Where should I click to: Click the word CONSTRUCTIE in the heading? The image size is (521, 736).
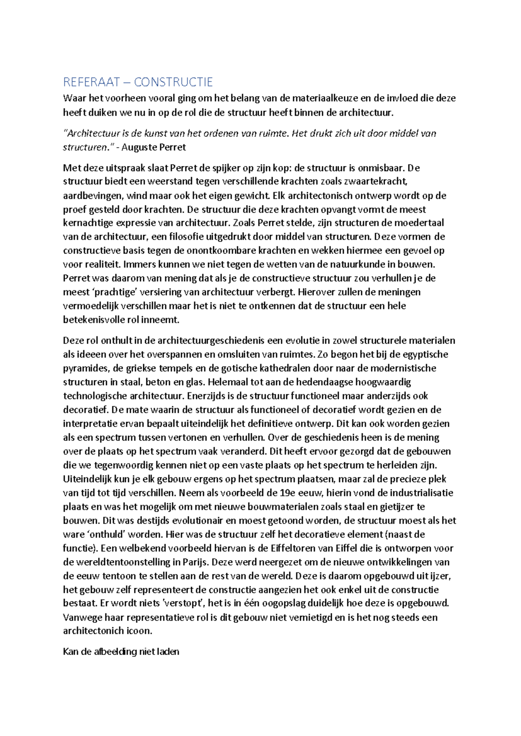(x=173, y=82)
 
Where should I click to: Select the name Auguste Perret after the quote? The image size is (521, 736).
(x=153, y=147)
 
